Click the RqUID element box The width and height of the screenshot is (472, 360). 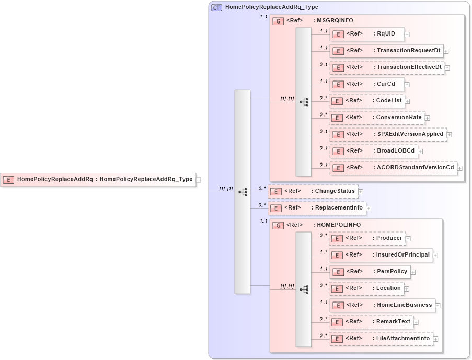pyautogui.click(x=367, y=34)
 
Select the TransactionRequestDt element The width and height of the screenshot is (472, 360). pyautogui.click(x=387, y=51)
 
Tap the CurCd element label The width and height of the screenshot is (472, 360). pyautogui.click(x=386, y=84)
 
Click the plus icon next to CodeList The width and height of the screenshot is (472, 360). pyautogui.click(x=407, y=101)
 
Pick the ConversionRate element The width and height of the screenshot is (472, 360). pyautogui.click(x=377, y=118)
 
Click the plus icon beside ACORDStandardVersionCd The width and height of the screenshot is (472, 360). pyautogui.click(x=460, y=168)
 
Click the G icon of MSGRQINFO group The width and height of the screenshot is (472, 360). pyautogui.click(x=279, y=21)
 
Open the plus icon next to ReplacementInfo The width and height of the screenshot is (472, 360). pyautogui.click(x=369, y=208)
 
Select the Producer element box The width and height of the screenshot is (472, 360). pyautogui.click(x=367, y=238)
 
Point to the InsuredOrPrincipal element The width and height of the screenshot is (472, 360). pyautogui.click(x=381, y=255)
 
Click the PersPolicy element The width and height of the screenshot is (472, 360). pyautogui.click(x=370, y=272)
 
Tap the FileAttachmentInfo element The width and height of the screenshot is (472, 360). pyautogui.click(x=381, y=339)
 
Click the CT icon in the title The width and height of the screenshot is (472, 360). pyautogui.click(x=216, y=7)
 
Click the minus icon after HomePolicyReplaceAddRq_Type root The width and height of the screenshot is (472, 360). pyautogui.click(x=199, y=180)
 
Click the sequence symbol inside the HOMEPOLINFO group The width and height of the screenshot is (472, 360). pyautogui.click(x=304, y=288)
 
